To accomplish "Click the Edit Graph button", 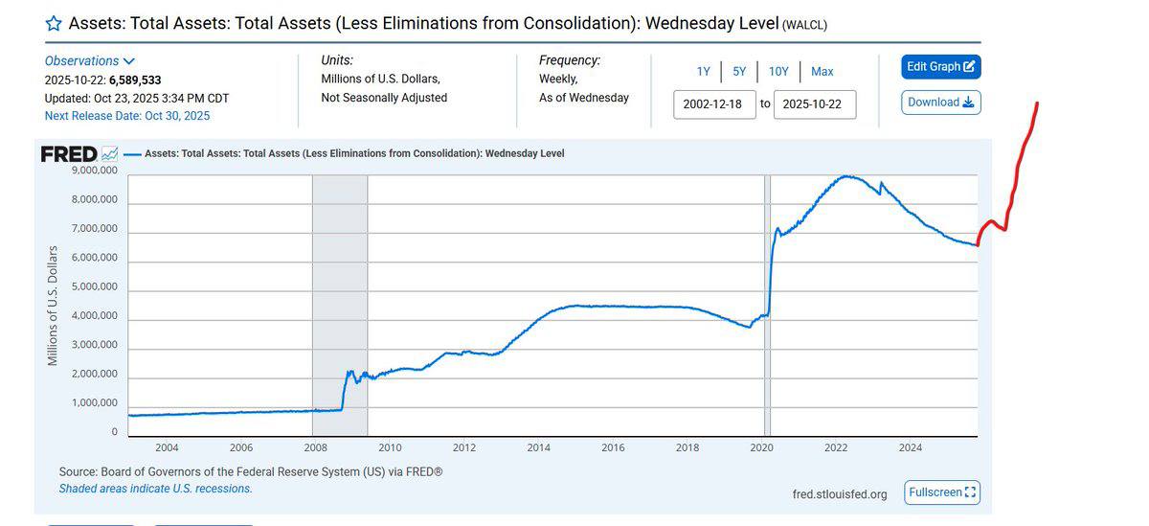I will click(940, 66).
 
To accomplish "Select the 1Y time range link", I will click(704, 71).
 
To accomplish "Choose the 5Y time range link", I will click(739, 71).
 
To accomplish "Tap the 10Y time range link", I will click(778, 71).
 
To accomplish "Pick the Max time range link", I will click(822, 71).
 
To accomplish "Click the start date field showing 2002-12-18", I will click(713, 104).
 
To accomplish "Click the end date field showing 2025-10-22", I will click(813, 104).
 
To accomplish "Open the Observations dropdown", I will click(89, 60).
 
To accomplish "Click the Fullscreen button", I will click(942, 492).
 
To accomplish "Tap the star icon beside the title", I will click(54, 23).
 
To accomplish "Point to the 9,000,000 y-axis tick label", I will click(95, 171).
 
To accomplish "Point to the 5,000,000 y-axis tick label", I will click(95, 286).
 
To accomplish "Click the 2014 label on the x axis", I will click(538, 447).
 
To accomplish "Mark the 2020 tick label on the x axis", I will click(762, 447).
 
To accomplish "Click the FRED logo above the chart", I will click(69, 153).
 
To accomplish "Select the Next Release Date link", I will click(127, 116).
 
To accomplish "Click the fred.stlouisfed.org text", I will click(840, 494).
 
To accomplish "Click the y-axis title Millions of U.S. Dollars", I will click(53, 306).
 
